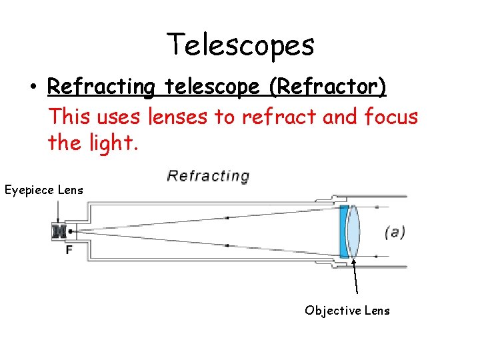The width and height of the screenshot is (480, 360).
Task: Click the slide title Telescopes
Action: [x=240, y=45]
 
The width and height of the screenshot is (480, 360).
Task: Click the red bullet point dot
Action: [x=32, y=88]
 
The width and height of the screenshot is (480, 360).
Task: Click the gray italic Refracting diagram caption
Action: [x=208, y=176]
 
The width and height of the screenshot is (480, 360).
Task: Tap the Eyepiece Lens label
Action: [x=44, y=190]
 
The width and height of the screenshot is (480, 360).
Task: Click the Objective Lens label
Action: [x=347, y=310]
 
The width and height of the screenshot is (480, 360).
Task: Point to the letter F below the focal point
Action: [x=69, y=249]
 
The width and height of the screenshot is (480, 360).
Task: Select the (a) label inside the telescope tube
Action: [x=395, y=232]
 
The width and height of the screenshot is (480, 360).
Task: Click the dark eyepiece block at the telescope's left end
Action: [x=59, y=231]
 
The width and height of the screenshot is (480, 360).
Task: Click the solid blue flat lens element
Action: [x=343, y=231]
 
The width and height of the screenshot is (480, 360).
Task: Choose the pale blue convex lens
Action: [x=353, y=231]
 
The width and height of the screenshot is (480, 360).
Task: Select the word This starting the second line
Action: [x=70, y=117]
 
